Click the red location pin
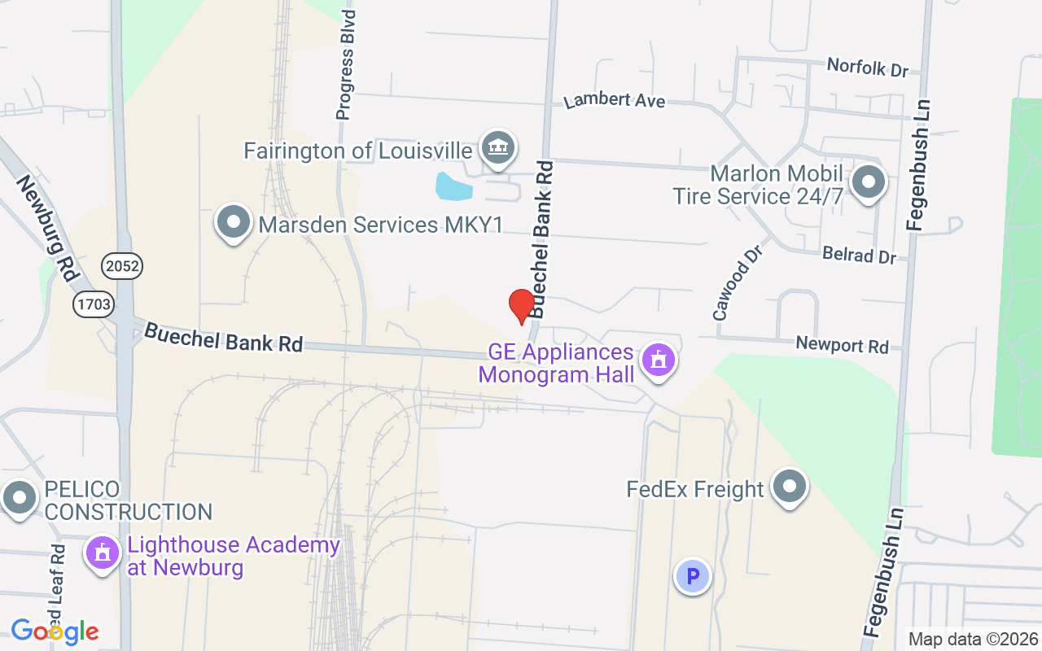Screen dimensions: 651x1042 [521, 307]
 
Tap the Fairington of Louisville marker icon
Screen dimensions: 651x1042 [496, 148]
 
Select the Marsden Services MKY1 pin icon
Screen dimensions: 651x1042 [234, 222]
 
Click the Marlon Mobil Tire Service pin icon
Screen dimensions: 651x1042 [869, 181]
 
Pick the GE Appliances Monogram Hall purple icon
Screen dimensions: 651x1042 [658, 360]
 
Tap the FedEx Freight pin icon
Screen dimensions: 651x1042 [788, 487]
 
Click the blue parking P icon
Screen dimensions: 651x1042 [693, 577]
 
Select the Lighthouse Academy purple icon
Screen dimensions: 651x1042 [103, 553]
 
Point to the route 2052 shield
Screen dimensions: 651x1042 [121, 265]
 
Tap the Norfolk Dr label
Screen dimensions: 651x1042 [867, 67]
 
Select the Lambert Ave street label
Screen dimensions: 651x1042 [615, 100]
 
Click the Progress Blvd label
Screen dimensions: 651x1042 [346, 65]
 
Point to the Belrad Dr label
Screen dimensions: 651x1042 [859, 255]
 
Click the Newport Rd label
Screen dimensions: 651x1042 [842, 345]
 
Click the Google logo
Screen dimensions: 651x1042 [55, 631]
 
